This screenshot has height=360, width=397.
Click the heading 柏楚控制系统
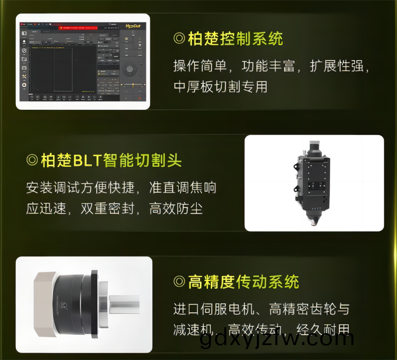(235, 39)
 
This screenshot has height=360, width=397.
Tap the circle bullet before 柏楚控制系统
(179, 39)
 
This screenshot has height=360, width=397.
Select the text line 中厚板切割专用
(220, 86)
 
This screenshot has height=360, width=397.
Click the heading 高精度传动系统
(243, 282)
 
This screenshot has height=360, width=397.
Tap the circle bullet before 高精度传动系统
(179, 282)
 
